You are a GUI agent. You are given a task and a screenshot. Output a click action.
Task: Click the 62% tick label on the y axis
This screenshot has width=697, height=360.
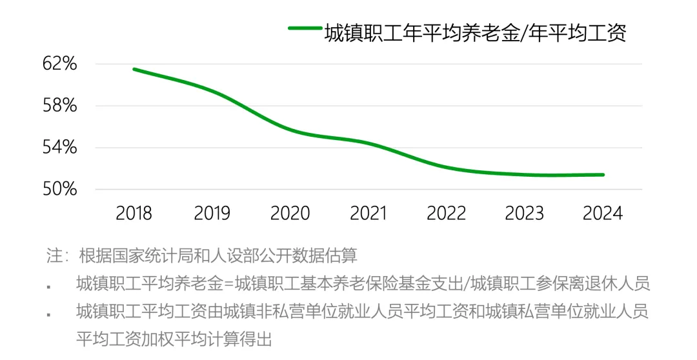point(60,64)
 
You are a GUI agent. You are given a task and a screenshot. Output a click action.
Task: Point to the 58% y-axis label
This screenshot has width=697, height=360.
point(60,106)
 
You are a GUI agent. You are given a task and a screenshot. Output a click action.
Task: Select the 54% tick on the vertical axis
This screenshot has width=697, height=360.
point(60,148)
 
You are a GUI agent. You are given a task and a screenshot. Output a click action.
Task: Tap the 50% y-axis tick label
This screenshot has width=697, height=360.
point(60,190)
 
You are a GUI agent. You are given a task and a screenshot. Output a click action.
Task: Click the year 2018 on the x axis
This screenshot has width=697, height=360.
point(134,213)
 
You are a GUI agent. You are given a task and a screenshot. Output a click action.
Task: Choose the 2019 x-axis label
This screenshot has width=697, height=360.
point(212,213)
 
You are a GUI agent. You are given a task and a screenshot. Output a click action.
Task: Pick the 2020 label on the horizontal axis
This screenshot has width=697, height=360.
point(290,213)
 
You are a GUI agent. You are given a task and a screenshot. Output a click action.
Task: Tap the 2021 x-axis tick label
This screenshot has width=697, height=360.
point(368,213)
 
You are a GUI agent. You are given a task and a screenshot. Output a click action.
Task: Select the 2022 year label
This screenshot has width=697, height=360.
point(447,213)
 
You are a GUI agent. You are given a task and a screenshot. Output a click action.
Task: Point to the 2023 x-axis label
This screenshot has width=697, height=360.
point(525,213)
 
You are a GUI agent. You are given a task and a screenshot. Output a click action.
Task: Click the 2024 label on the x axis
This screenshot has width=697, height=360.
point(603,213)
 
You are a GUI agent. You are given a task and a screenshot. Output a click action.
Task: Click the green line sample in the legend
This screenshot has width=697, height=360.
point(304,28)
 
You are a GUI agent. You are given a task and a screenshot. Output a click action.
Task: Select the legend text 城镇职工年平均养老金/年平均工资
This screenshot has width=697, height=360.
point(475,32)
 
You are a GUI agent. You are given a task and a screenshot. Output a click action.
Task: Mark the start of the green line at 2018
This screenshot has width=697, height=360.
point(134,69)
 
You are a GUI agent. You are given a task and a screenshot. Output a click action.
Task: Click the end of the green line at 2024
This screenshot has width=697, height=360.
point(603,174)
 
